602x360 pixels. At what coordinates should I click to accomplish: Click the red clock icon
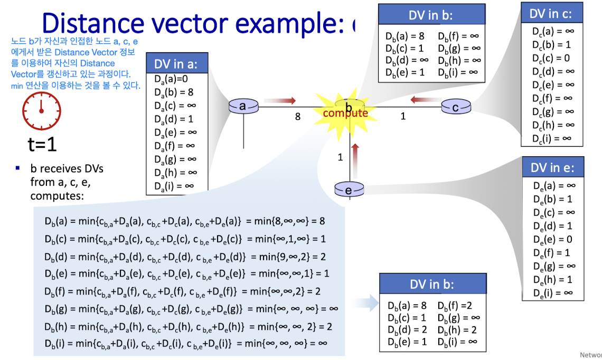tap(41, 112)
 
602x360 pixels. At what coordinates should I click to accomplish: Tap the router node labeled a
tap(243, 107)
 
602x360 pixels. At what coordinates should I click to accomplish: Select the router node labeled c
tap(455, 107)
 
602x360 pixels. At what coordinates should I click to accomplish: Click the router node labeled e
tap(349, 189)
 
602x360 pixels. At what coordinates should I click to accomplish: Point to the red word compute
tap(345, 113)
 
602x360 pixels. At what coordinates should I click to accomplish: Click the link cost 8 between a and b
tap(298, 117)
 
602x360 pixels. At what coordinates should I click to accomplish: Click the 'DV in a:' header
tap(176, 64)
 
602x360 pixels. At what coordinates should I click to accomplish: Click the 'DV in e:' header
tap(552, 168)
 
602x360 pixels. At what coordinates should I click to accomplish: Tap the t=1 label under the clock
tap(42, 145)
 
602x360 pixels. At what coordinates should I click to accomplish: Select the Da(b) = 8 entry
tap(174, 92)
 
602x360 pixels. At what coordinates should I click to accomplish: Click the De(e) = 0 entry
tap(552, 239)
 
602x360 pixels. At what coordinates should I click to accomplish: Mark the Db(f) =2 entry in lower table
tap(455, 305)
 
